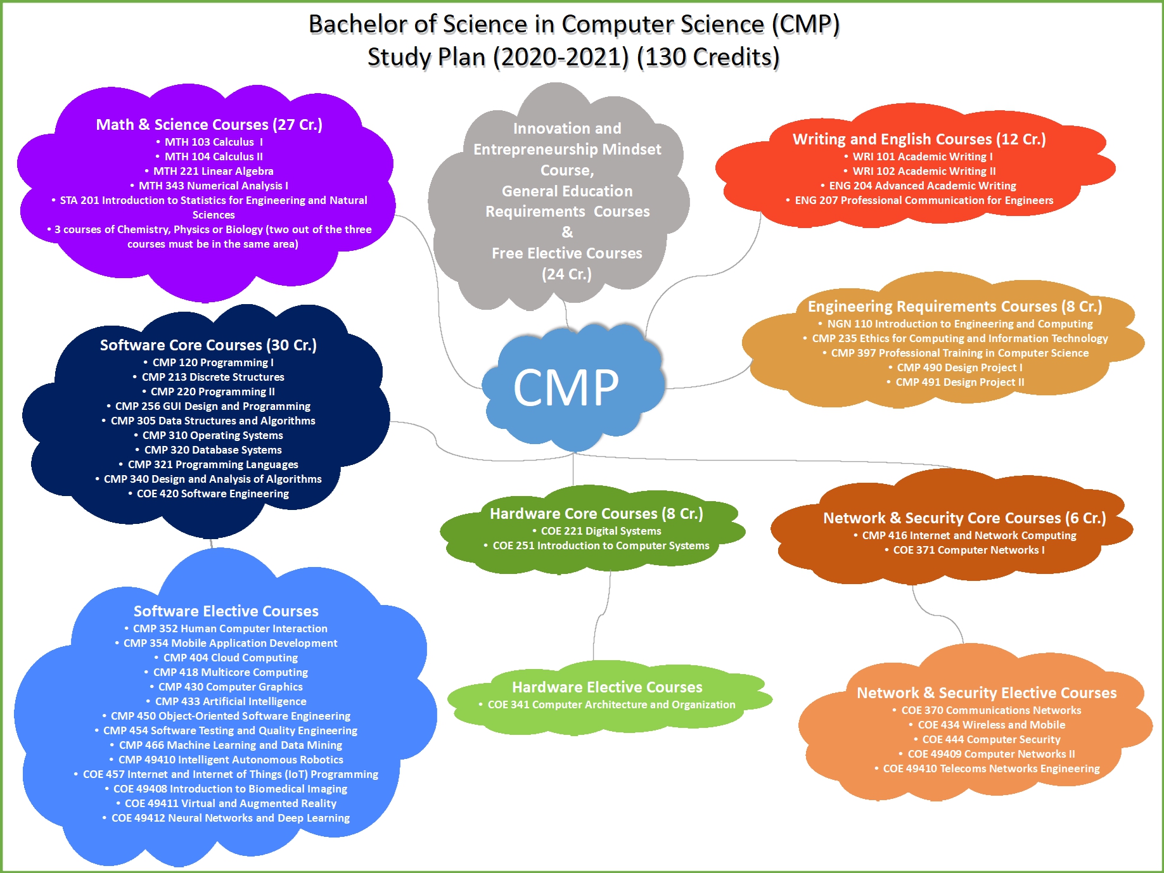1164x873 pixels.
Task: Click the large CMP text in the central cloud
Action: [x=566, y=387]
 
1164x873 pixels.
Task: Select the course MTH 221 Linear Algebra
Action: [x=214, y=171]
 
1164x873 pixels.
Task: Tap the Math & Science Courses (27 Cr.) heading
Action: [x=209, y=124]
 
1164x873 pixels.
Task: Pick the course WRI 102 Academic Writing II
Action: [x=924, y=171]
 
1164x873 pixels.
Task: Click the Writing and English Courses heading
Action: [x=919, y=139]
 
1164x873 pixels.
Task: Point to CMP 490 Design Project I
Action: [x=959, y=367]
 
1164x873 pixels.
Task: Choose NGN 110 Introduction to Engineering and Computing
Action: [x=960, y=324]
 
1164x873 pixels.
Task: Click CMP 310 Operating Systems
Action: [x=213, y=435]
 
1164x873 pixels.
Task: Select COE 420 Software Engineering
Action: [x=213, y=494]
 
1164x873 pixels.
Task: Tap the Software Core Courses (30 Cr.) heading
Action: [x=208, y=345]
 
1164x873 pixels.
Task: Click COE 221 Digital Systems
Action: [x=601, y=531]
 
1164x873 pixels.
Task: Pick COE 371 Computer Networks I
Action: [x=969, y=550]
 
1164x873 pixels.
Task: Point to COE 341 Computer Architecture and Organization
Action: [x=611, y=704]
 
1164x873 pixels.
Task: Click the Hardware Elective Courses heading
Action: [x=607, y=687]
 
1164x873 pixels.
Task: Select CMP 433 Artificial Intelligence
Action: [x=231, y=701]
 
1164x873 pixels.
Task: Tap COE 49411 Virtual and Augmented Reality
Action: [x=231, y=803]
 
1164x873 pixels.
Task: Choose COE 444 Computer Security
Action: [x=991, y=739]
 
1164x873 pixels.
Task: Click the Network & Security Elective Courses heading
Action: [x=987, y=692]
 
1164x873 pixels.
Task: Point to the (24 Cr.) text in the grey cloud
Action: [x=566, y=274]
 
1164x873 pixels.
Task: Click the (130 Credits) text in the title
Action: [x=708, y=57]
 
